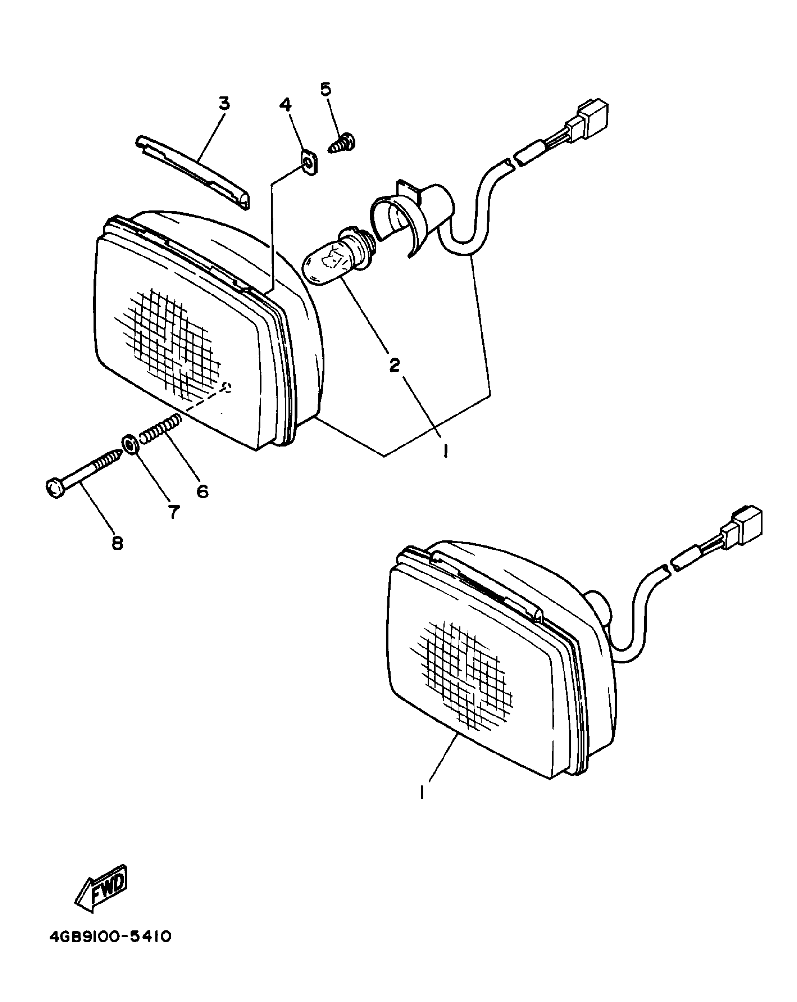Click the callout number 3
[225, 104]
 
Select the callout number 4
[286, 105]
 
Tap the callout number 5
[325, 89]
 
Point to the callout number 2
[394, 364]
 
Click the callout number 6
[202, 491]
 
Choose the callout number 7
[173, 512]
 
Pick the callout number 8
[117, 543]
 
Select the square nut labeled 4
[308, 164]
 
